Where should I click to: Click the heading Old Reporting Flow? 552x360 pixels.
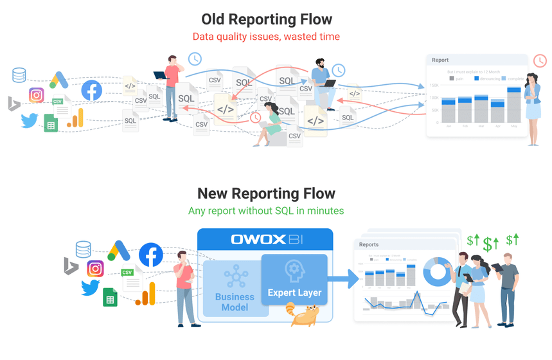(267, 19)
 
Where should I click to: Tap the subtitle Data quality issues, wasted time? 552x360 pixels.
(267, 37)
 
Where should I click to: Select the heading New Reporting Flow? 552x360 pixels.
(266, 194)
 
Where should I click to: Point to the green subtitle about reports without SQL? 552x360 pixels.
(266, 211)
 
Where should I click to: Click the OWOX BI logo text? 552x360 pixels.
(265, 240)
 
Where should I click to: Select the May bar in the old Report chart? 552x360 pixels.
(513, 105)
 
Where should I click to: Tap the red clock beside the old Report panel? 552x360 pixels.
(540, 60)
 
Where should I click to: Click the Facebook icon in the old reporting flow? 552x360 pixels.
(92, 91)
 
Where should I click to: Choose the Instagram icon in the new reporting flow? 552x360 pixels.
(96, 268)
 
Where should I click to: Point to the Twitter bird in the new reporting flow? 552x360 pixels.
(91, 287)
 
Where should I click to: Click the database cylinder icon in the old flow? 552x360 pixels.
(19, 75)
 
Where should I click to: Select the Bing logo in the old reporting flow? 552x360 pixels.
(13, 104)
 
